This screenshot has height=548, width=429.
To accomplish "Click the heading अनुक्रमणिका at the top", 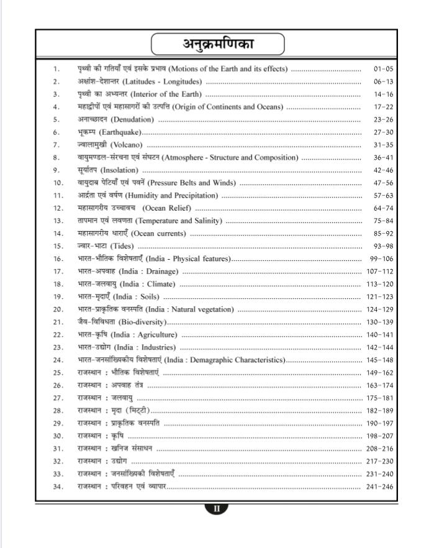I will (218, 44).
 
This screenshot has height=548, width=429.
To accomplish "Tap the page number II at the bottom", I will (217, 508).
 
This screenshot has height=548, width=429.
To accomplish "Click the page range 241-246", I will (380, 486).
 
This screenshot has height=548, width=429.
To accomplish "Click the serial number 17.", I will (58, 272).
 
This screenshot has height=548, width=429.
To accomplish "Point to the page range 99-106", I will (381, 258).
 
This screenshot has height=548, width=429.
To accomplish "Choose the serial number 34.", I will (58, 486).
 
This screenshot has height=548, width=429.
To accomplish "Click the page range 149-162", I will (380, 373).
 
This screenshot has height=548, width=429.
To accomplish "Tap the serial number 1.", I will (56, 68).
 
